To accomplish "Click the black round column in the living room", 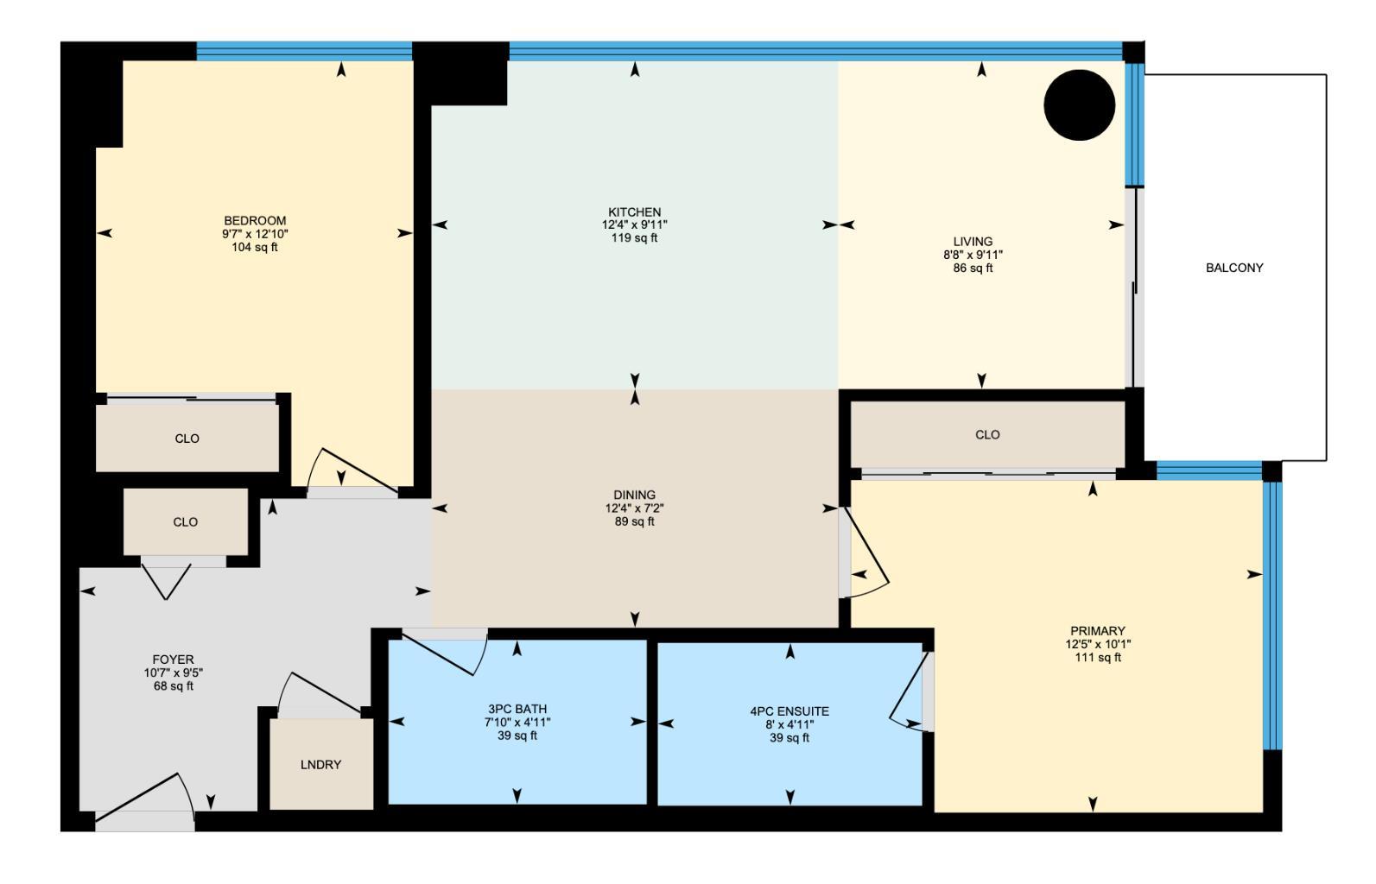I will coord(1079,104).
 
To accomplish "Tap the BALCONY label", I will coord(1233,268).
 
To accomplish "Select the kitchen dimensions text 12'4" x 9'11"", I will coord(635,224).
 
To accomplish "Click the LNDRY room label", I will coord(320,765).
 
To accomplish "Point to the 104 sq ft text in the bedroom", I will coord(255,248).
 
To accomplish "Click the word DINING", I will coord(635,495).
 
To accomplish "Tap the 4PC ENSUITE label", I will coord(789,711).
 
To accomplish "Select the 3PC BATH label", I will coord(517,709).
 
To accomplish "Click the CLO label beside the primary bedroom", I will coord(987,435).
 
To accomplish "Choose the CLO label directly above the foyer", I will coord(186,522).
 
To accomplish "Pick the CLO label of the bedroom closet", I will coord(187,439).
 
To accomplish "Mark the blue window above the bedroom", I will coord(304,51).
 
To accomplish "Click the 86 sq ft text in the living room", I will coord(973,268).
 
